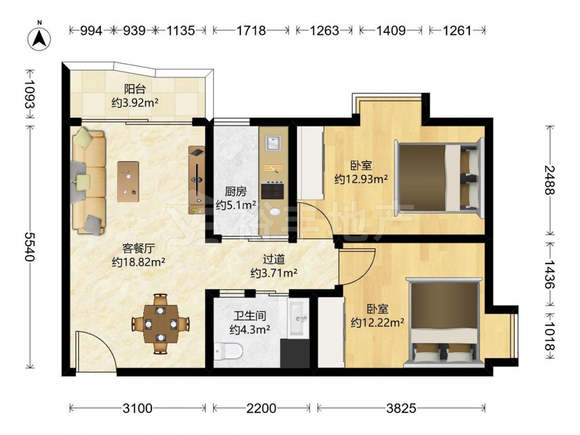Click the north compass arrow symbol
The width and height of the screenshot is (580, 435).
(x=39, y=38)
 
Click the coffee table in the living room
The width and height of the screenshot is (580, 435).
(x=128, y=182)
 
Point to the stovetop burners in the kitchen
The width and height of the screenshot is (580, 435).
(x=273, y=191)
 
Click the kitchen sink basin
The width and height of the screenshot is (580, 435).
(x=273, y=143)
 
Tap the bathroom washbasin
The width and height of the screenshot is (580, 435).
(x=299, y=318)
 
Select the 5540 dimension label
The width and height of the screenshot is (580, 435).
(x=30, y=246)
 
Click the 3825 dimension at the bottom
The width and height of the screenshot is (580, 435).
(x=401, y=408)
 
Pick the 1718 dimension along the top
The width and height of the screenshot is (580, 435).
(x=251, y=31)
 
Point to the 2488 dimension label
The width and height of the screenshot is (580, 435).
(x=549, y=180)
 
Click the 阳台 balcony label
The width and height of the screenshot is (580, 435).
(x=135, y=89)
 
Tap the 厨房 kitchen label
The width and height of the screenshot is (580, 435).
(x=235, y=191)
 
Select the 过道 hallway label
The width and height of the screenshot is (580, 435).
(x=274, y=259)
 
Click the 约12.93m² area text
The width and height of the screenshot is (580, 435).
(x=361, y=179)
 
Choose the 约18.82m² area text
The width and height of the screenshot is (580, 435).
(x=139, y=262)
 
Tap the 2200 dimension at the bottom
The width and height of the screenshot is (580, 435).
(x=261, y=408)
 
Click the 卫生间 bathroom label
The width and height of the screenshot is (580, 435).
(x=249, y=316)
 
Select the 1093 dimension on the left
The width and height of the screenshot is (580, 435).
(x=30, y=94)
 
